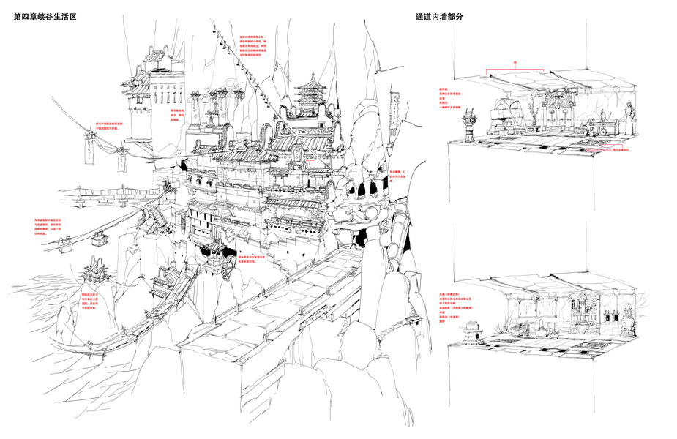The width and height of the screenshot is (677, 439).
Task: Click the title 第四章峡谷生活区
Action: [45, 17]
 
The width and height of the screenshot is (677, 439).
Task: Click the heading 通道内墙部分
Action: [443, 17]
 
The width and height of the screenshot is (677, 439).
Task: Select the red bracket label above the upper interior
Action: [515, 64]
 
